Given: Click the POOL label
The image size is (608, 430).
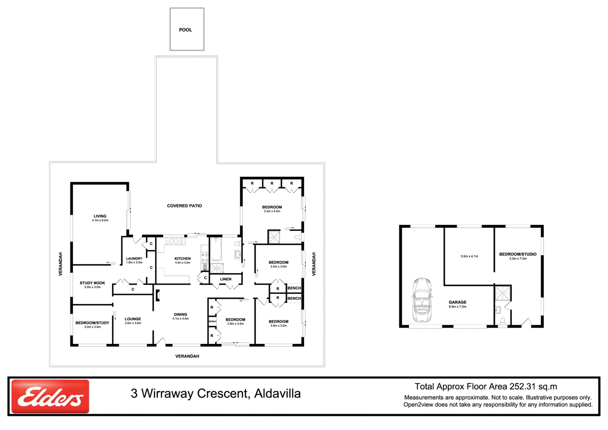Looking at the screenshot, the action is click(185, 30).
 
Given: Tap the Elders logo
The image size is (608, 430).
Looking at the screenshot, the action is click(50, 396).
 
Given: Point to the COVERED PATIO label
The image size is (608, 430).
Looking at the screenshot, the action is click(184, 206).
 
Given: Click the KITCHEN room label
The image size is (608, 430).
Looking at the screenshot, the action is click(182, 259).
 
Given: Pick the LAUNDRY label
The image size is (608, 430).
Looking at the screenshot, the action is click(134, 259).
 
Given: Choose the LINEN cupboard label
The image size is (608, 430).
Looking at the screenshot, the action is click(226, 279).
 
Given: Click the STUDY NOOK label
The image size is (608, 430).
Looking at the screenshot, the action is click(92, 283).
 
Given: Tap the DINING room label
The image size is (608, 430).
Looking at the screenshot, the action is click(180, 314).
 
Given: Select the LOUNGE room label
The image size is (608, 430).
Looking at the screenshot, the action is click(133, 319).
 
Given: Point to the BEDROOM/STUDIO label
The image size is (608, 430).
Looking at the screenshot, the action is click(518, 254).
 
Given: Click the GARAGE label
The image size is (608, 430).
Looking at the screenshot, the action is click(458, 302).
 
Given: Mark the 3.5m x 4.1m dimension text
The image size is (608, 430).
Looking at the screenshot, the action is click(469, 256).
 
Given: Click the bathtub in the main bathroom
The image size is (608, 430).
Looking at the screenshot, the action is click(216, 249).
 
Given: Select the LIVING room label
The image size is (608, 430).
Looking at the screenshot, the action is click(100, 216).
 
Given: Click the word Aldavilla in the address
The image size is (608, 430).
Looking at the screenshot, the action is click(277, 394).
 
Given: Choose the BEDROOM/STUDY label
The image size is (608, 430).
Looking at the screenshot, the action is click(92, 323).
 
